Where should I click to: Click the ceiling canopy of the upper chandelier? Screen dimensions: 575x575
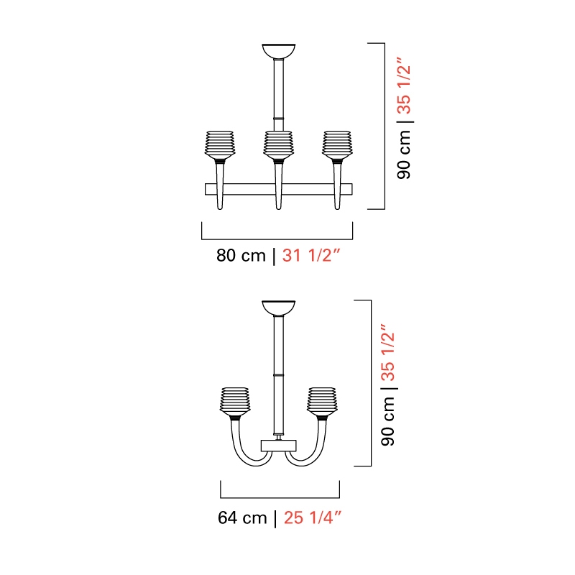click(x=279, y=51)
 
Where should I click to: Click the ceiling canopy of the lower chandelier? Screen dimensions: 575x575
click(x=279, y=308)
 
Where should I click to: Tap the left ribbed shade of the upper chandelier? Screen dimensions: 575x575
click(x=220, y=144)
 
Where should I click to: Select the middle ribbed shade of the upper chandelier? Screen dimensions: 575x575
click(x=279, y=144)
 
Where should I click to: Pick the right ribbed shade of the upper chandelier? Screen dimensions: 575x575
click(x=337, y=144)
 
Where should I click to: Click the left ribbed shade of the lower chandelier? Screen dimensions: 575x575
click(x=235, y=401)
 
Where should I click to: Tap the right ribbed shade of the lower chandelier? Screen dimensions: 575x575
click(x=322, y=401)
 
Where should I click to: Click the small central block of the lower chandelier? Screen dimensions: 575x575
click(x=279, y=446)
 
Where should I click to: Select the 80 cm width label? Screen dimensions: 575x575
click(x=241, y=255)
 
